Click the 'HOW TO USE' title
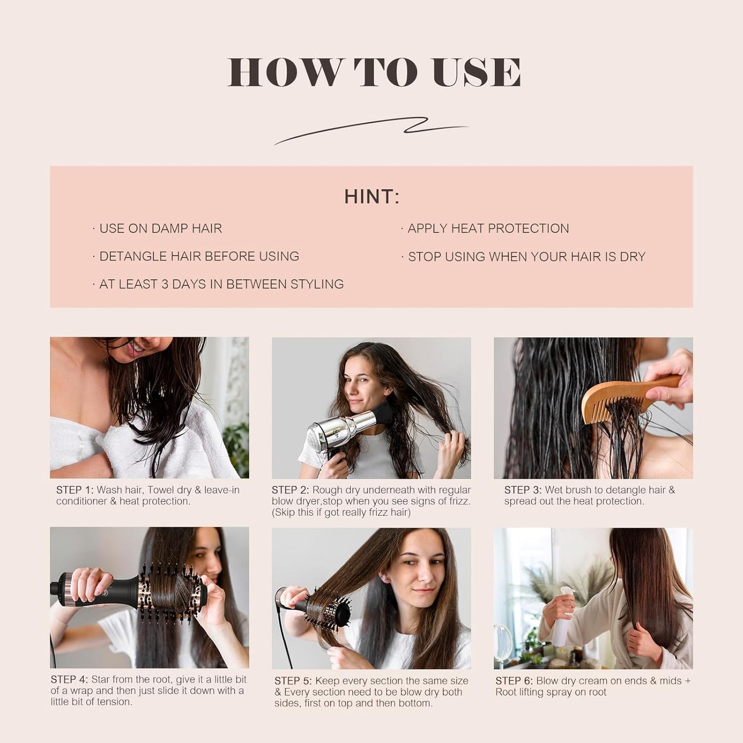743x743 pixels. [374, 73]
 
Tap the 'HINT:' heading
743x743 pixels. [371, 197]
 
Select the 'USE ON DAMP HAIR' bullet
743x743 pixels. [160, 228]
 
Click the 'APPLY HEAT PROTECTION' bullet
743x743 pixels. [487, 228]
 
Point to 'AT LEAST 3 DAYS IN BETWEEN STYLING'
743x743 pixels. [221, 284]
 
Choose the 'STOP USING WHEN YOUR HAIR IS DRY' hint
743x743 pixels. [526, 257]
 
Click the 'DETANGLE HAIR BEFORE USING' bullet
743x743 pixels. [198, 257]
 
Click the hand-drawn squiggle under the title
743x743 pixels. [371, 130]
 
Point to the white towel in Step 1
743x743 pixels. [154, 447]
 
